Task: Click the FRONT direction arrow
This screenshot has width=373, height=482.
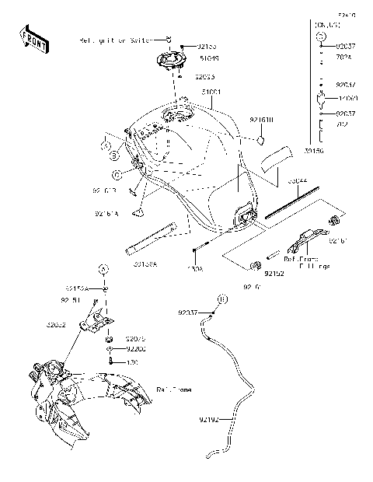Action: coord(32,39)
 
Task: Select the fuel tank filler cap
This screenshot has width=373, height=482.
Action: coord(174,61)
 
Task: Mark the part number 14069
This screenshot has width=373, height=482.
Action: coord(347,99)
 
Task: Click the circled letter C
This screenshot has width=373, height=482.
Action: coord(115,174)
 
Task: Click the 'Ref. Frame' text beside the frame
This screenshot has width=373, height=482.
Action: coord(174,388)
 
